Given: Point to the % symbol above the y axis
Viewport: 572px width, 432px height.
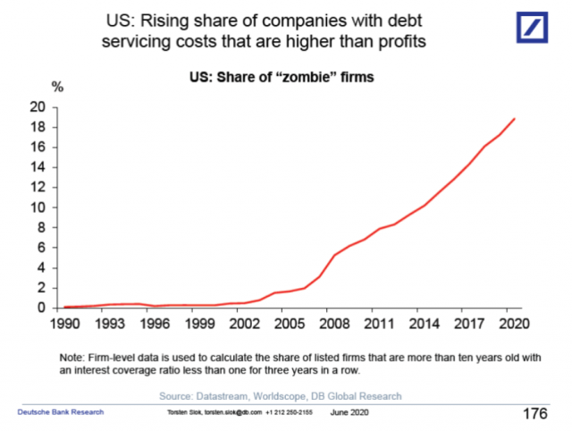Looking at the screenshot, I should click(x=59, y=89).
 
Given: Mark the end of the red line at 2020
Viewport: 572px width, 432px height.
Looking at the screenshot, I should click(x=514, y=119).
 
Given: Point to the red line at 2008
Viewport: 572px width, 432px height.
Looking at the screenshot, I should click(x=334, y=256).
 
